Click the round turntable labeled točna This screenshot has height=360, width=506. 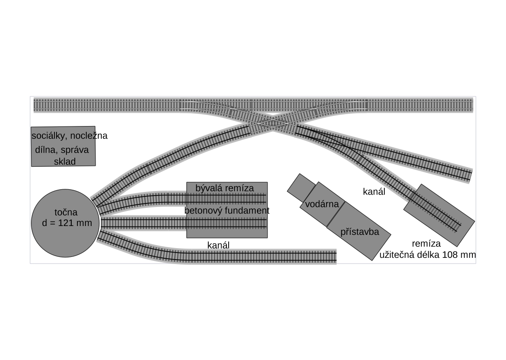click(65, 223)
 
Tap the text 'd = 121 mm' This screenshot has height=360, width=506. click(67, 223)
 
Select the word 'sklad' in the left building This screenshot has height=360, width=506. click(65, 161)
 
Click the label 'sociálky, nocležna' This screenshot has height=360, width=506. click(69, 136)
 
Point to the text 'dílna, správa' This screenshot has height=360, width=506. click(62, 149)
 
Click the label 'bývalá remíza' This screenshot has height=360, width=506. click(225, 188)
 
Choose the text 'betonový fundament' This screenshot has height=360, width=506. click(226, 211)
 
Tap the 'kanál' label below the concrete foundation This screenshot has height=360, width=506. click(218, 245)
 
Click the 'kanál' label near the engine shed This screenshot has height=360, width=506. click(374, 191)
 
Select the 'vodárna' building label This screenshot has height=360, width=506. click(322, 204)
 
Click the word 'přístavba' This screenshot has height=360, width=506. click(360, 232)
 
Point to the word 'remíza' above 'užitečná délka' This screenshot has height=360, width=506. click(426, 244)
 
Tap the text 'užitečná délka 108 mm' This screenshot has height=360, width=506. click(427, 255)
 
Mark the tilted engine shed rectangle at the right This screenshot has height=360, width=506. click(439, 215)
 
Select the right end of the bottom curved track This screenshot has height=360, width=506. click(334, 257)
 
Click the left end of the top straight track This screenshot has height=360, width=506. click(36, 105)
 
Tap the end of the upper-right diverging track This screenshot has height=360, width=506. click(469, 176)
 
